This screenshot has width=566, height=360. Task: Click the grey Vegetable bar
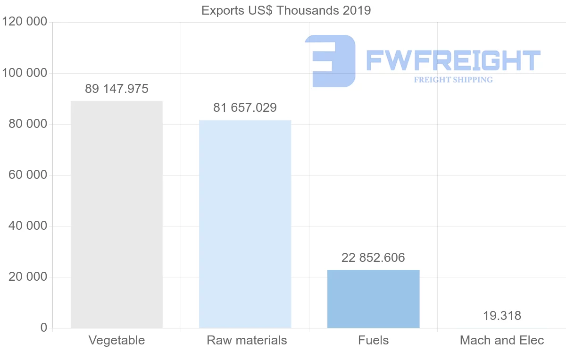[x=117, y=214]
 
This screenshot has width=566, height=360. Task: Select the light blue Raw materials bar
[x=245, y=224]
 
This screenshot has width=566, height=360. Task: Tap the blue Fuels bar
[x=373, y=299]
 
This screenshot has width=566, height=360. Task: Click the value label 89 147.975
[x=117, y=89]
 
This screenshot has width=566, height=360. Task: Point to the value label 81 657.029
[x=245, y=108]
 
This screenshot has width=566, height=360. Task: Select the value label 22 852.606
[x=373, y=258]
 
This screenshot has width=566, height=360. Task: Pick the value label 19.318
[x=502, y=316]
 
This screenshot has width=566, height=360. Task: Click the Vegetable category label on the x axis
[x=117, y=340]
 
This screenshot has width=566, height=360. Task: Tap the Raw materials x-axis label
[x=247, y=340]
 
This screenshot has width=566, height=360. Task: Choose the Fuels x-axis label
[x=373, y=340]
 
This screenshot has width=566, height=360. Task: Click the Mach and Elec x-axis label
[x=502, y=340]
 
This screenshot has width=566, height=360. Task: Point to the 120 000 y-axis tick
[x=25, y=22]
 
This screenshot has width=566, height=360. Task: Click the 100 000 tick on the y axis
[x=25, y=73]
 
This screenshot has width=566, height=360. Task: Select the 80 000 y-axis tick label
[x=28, y=124]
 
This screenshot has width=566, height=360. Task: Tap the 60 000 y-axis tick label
[x=28, y=175]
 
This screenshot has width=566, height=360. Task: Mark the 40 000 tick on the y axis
[x=28, y=226]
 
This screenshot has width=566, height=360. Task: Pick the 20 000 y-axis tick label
[x=28, y=277]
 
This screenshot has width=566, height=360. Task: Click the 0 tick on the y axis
[x=44, y=327]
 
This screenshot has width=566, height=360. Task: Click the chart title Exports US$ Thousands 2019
[x=286, y=10]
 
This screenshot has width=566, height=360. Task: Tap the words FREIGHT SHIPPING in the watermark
[x=453, y=80]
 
